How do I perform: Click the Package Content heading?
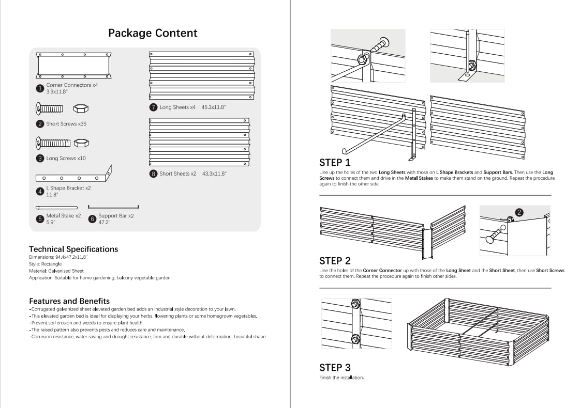point(153,33)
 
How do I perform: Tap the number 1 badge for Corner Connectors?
point(40,88)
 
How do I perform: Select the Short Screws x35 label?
point(66,124)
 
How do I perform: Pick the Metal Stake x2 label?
point(64,216)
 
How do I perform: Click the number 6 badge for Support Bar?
point(92,219)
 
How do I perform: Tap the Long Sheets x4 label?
point(177,107)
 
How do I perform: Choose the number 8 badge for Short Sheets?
point(153,174)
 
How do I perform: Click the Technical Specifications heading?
point(73,249)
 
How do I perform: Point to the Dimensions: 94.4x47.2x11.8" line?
point(58,257)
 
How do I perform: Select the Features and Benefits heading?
point(69,301)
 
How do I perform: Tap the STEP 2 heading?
point(335,261)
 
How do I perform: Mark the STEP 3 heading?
point(335,368)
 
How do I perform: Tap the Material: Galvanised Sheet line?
point(56,271)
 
